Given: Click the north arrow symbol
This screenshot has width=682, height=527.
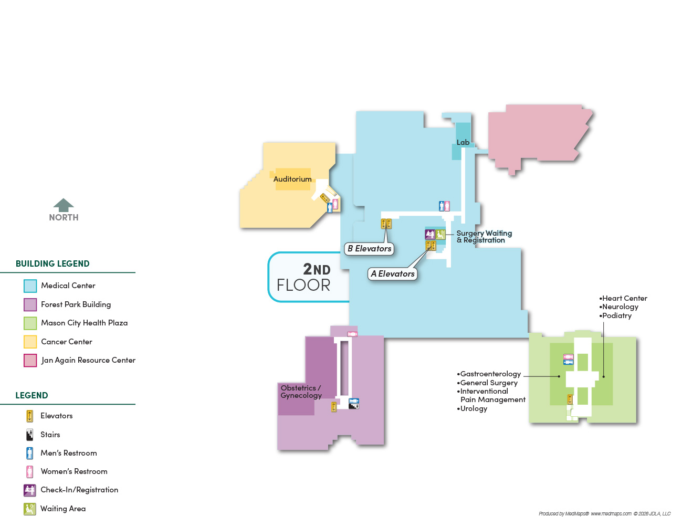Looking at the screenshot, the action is (64, 205).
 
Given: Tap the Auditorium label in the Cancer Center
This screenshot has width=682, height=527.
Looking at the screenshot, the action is (292, 179).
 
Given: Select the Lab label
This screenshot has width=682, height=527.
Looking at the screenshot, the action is (463, 142).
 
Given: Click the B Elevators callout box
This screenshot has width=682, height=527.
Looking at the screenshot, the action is (369, 249).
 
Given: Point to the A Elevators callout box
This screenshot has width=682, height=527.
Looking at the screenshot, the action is (392, 274).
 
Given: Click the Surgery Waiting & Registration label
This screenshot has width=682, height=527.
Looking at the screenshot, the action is (484, 237).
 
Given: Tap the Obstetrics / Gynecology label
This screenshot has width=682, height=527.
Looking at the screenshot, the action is (301, 392).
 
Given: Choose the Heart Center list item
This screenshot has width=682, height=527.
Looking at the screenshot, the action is (623, 298).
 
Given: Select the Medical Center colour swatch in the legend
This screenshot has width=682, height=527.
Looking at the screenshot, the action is (30, 286).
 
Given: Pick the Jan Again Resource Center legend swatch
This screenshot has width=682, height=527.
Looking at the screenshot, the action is (30, 361).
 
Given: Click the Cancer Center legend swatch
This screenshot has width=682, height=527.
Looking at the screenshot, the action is (30, 342).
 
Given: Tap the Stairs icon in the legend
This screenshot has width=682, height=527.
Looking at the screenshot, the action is (29, 435).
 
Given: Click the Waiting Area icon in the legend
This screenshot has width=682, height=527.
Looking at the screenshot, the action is (29, 509).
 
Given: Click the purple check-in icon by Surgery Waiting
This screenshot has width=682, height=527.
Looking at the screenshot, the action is (429, 234).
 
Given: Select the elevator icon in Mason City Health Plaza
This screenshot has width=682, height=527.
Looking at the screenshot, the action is (570, 399).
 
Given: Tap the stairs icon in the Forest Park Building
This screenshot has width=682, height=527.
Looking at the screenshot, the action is (354, 406).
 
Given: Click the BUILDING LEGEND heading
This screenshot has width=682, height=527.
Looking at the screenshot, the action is (53, 263).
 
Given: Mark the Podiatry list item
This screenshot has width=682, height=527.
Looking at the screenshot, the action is (615, 316).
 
